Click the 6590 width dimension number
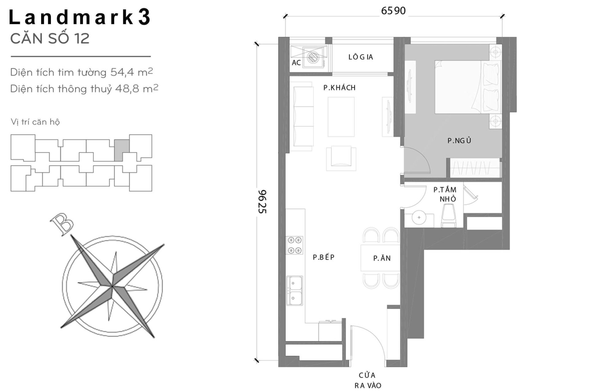tap(393, 11)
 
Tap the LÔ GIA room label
tap(360, 57)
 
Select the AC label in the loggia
tap(296, 63)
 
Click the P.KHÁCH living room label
tap(339, 88)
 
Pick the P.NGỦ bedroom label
tap(459, 141)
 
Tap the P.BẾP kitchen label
tap(323, 257)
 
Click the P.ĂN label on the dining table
tap(382, 258)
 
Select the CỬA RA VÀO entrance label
tap(368, 380)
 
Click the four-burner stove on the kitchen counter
tap(294, 245)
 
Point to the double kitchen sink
tap(294, 290)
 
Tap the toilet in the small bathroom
tap(448, 216)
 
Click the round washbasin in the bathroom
tap(419, 218)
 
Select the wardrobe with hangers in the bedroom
tap(475, 168)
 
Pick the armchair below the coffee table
tap(341, 158)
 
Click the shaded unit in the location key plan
tap(121, 149)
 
